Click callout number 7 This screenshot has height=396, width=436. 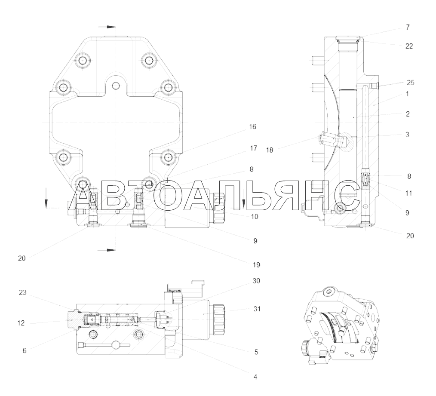coord(408,27)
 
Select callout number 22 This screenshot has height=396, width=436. coord(409,46)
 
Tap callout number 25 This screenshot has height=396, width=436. coord(411,83)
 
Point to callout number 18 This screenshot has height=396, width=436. coord(270,150)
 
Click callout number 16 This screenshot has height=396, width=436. coord(252,127)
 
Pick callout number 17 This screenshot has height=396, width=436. coord(253,148)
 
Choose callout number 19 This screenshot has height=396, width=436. coord(256,265)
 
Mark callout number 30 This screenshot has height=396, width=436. coord(256,281)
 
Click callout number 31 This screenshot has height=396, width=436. coord(257,309)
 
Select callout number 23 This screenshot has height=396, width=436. coord(22,292)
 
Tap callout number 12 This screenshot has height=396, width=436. coord(21,323)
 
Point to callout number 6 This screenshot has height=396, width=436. coord(25,351)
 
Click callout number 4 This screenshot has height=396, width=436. coord(255,377)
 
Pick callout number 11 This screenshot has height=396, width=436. coord(408,193)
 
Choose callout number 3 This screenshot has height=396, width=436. coord(407,135)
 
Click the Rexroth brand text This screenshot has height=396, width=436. coord(175,291)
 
